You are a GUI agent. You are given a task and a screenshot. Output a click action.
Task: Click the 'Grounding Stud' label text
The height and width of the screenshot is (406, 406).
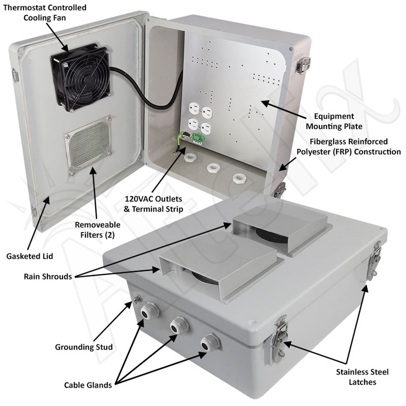pyautogui.click(x=84, y=347)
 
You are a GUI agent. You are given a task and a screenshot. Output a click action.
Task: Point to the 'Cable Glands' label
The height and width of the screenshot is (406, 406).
pyautogui.click(x=88, y=385)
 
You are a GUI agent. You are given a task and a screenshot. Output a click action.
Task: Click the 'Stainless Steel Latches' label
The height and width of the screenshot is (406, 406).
pyautogui.click(x=362, y=377)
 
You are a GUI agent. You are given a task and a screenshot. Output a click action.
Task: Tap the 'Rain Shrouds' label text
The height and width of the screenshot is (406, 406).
pyautogui.click(x=48, y=277)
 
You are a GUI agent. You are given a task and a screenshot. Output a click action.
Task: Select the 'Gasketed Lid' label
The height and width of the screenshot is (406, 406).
pyautogui.click(x=29, y=256)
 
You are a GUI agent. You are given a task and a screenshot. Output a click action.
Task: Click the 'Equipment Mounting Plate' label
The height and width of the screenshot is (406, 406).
pyautogui.click(x=334, y=121)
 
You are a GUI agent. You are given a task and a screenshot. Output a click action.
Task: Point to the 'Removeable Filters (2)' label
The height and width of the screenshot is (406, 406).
pyautogui.click(x=97, y=230)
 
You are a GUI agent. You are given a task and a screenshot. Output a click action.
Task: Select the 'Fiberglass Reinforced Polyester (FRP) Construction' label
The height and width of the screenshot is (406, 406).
pyautogui.click(x=349, y=147)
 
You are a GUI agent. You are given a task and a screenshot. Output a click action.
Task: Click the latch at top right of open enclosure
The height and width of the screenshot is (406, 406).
pyautogui.click(x=303, y=64)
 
